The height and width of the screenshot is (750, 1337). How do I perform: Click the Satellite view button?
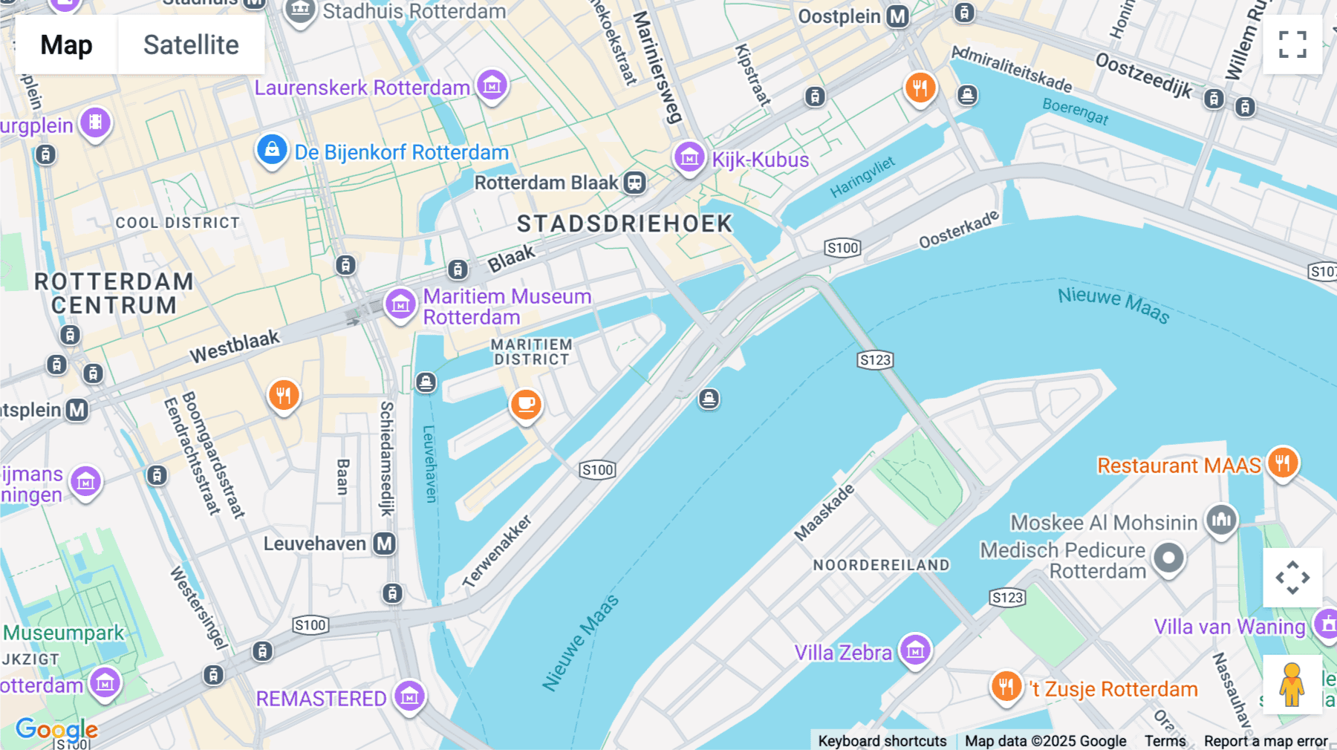[191, 45]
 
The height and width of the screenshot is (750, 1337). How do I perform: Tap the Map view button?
[67, 45]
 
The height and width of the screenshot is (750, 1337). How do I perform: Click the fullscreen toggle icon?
[1292, 45]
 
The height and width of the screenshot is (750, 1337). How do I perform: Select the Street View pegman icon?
[1292, 685]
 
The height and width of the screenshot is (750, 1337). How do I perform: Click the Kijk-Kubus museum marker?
[689, 157]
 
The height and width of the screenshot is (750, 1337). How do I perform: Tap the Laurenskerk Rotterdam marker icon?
[492, 86]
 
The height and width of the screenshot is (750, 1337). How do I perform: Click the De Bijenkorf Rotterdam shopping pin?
[272, 150]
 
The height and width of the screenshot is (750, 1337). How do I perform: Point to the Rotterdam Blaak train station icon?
[634, 183]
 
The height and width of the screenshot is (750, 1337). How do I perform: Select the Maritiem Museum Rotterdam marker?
[400, 304]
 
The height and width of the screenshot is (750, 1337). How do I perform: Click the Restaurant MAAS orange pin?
[1282, 463]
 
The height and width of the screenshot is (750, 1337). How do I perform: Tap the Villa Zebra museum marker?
[915, 650]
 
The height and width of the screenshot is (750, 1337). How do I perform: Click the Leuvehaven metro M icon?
[384, 544]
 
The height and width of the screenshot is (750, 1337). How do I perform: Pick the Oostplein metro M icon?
[898, 16]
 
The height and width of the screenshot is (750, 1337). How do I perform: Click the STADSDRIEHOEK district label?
[625, 224]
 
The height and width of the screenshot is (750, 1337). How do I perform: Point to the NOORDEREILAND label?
[881, 565]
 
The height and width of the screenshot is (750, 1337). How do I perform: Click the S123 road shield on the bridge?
[874, 360]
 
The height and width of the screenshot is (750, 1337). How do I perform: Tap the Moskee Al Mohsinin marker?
[1221, 520]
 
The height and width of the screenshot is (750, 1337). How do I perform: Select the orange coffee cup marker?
[526, 404]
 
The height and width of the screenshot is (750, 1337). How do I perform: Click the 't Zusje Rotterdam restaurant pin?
[1006, 686]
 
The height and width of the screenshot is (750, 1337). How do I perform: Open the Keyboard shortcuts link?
[882, 740]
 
